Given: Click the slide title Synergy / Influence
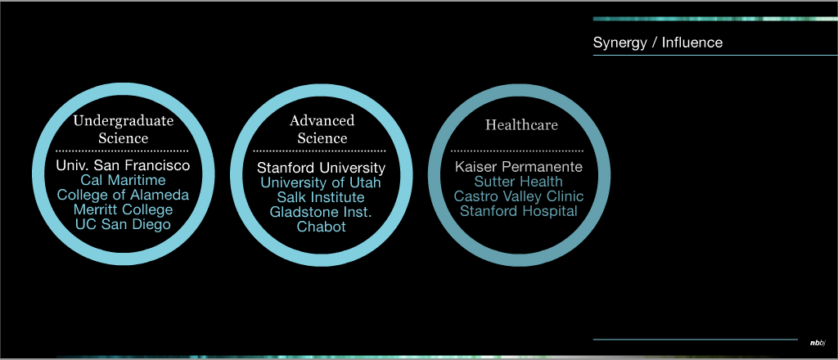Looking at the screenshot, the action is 657,43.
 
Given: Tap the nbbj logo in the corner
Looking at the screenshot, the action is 818,343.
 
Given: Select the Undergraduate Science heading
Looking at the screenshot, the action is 124,129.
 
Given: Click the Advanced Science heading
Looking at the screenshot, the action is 322,129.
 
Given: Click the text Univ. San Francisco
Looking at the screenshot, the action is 123,165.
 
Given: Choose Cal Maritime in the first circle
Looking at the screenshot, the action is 123,181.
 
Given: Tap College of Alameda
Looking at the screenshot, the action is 123,195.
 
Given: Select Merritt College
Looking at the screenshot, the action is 123,209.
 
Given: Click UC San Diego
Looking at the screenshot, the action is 123,224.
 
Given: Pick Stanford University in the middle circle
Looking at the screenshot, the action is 321,169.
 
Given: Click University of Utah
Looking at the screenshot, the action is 321,182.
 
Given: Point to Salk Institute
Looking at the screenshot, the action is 321,197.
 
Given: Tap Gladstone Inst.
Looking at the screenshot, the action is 321,212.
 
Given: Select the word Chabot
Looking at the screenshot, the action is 321,227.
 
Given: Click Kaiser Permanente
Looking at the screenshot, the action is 519,167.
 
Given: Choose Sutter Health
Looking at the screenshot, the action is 519,182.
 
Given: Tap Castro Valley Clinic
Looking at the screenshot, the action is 519,196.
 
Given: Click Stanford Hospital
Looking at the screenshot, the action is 519,210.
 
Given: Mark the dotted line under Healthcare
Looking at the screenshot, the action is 517,151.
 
